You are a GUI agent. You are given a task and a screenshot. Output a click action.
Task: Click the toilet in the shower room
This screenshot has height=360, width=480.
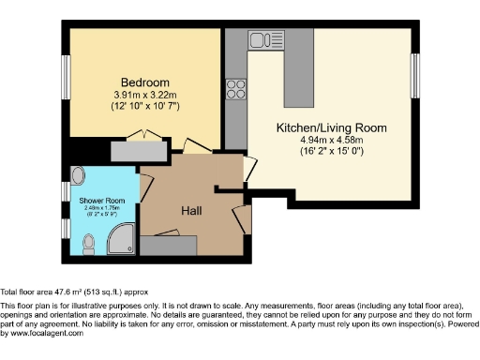tap(89, 245)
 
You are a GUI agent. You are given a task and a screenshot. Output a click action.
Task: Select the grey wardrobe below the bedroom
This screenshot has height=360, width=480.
tap(138, 150)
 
